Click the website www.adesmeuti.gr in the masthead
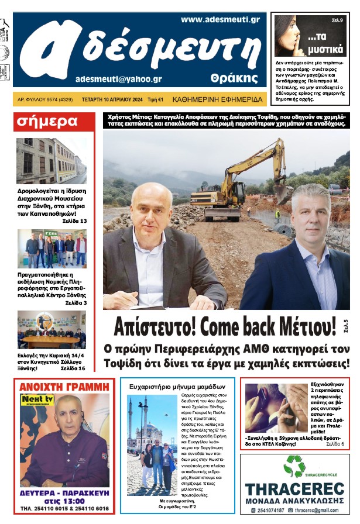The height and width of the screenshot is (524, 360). click(220, 19)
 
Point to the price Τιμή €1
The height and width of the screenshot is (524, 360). click(155, 99)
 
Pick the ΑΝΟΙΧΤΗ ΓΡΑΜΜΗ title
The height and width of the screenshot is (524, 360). click(64, 387)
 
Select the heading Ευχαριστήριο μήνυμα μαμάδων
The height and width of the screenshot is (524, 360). click(177, 387)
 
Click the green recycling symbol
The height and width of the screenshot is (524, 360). click(294, 466)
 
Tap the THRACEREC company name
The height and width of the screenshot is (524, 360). click(294, 489)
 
